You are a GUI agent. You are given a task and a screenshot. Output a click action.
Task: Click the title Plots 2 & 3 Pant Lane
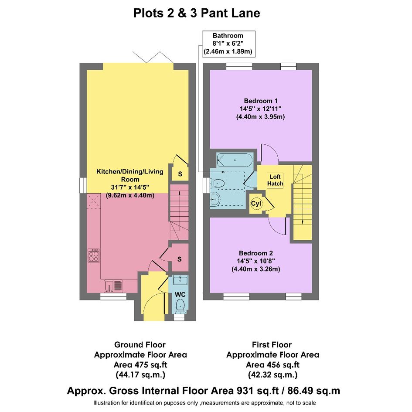click(x=197, y=13)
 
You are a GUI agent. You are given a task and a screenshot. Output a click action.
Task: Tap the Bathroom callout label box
click(x=228, y=44)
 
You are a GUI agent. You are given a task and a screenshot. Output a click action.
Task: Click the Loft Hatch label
click(x=275, y=180)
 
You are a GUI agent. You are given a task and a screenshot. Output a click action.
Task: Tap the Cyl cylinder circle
click(x=256, y=204)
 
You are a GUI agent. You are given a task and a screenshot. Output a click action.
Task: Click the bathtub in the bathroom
click(x=235, y=160)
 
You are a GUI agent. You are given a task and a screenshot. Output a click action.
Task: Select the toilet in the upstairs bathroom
click(x=217, y=183)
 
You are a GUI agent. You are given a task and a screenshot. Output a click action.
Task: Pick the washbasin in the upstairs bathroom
click(x=215, y=199)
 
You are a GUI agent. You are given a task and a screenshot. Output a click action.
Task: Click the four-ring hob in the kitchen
click(x=94, y=255)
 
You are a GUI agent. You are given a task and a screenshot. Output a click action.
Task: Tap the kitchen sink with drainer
click(x=114, y=286)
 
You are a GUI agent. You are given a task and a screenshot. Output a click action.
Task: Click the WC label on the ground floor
click(x=180, y=295)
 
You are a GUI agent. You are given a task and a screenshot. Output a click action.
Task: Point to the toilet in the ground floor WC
click(x=180, y=306)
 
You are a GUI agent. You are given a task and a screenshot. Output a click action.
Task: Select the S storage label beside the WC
click(x=180, y=259)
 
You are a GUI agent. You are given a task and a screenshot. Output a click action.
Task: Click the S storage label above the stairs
click(x=180, y=174)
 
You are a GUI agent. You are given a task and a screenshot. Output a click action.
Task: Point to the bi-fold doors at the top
click(x=153, y=58)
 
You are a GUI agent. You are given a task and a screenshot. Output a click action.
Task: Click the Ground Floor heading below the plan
click(x=140, y=344)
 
